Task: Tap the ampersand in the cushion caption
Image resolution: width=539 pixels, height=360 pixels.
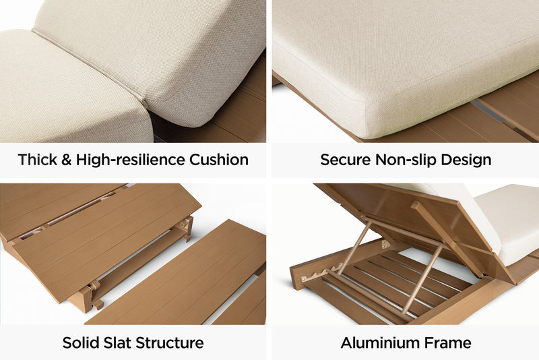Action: pos(65,160)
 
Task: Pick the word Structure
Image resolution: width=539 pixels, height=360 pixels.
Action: pos(170,342)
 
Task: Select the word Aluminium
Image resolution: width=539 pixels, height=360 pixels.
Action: pos(381,342)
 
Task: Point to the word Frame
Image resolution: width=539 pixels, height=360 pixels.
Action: pos(448,342)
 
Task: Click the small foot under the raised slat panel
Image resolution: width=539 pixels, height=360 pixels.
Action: pos(98,304)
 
